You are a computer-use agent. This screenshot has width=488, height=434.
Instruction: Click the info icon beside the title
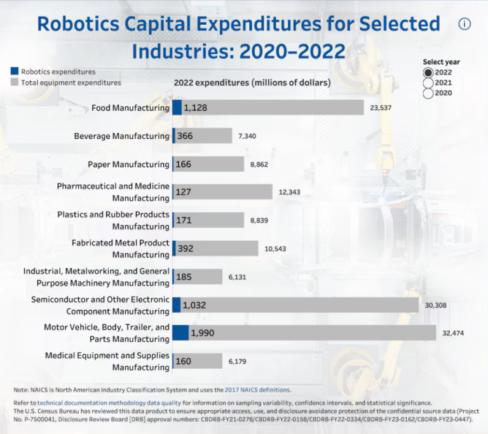click(x=464, y=24)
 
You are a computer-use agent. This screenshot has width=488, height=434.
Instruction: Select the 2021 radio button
click(x=428, y=83)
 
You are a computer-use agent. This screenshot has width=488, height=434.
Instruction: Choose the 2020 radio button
click(x=428, y=93)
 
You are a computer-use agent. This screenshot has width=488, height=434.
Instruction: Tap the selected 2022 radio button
click(x=428, y=72)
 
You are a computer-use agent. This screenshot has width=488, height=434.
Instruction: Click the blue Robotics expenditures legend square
click(x=15, y=72)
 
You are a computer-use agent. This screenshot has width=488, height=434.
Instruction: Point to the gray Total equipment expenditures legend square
click(x=15, y=83)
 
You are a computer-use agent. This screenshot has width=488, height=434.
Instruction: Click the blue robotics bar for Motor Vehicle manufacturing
click(x=180, y=333)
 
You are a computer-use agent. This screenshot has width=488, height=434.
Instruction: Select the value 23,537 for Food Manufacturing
click(x=381, y=108)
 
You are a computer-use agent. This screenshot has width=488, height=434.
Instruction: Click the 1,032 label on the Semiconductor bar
click(x=194, y=305)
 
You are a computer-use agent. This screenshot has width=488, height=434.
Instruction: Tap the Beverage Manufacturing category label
click(x=121, y=136)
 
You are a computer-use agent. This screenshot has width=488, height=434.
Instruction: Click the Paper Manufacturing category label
click(x=128, y=165)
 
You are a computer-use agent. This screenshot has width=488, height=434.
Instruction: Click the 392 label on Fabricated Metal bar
click(x=186, y=248)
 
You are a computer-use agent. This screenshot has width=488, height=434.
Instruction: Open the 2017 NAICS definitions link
click(x=257, y=390)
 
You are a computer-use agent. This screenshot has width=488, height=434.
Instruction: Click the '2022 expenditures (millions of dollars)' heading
click(x=252, y=83)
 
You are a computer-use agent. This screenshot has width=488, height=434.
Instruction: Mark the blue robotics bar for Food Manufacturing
click(x=177, y=107)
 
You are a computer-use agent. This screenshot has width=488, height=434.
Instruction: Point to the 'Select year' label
click(x=441, y=62)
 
